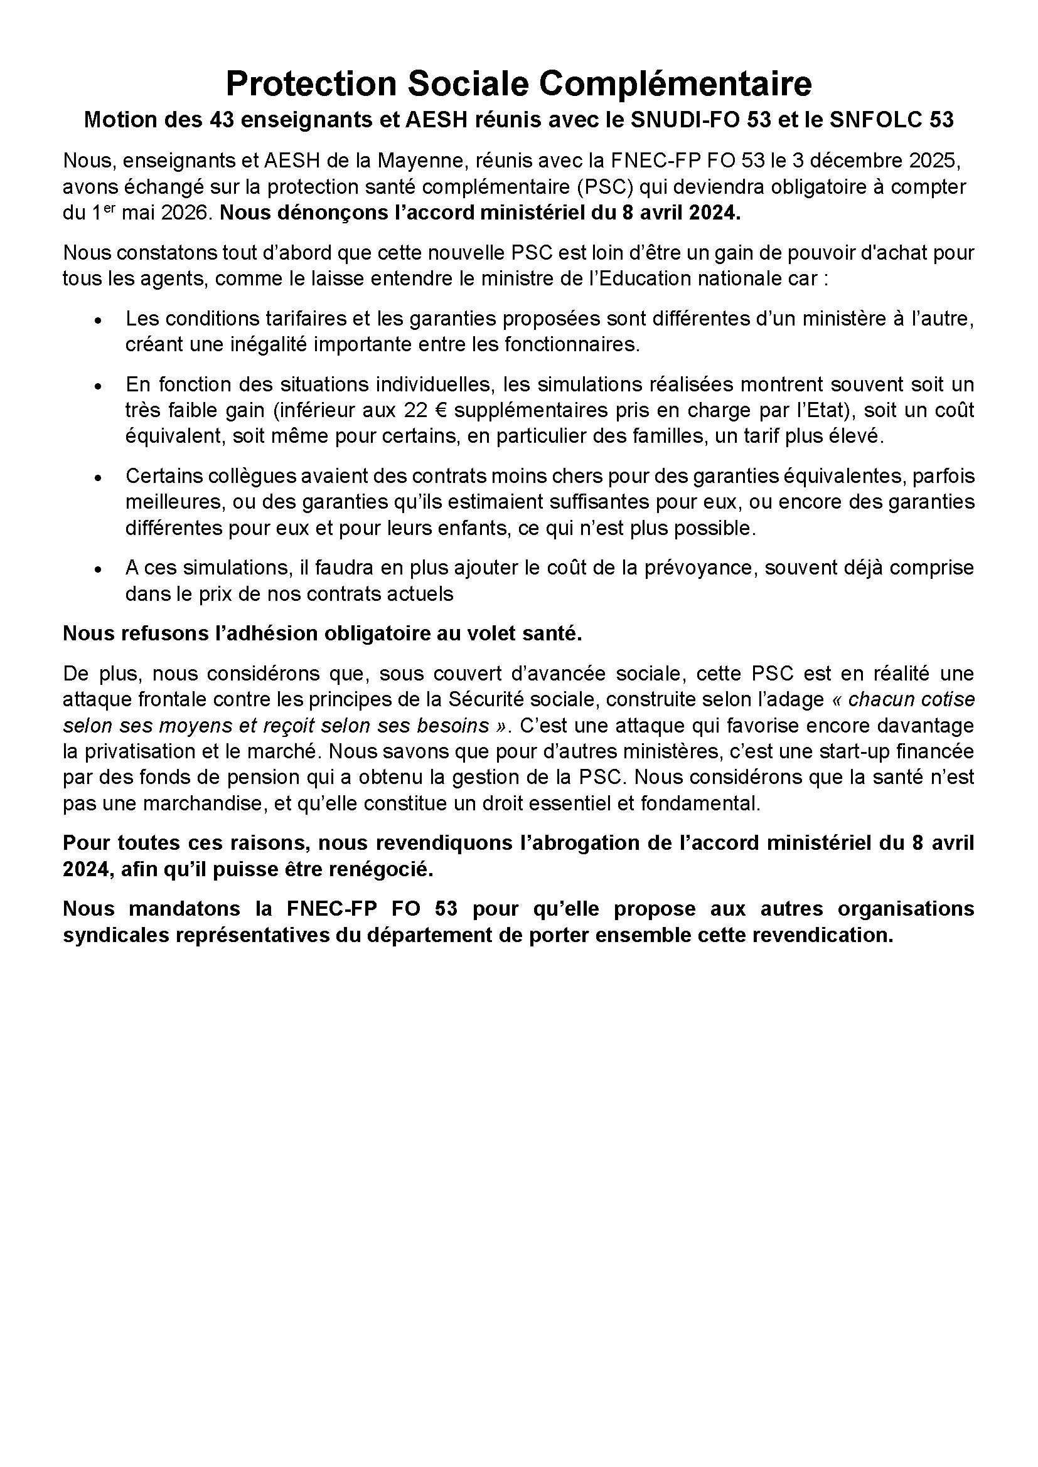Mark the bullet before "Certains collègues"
click(x=98, y=478)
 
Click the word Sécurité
click(x=486, y=700)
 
